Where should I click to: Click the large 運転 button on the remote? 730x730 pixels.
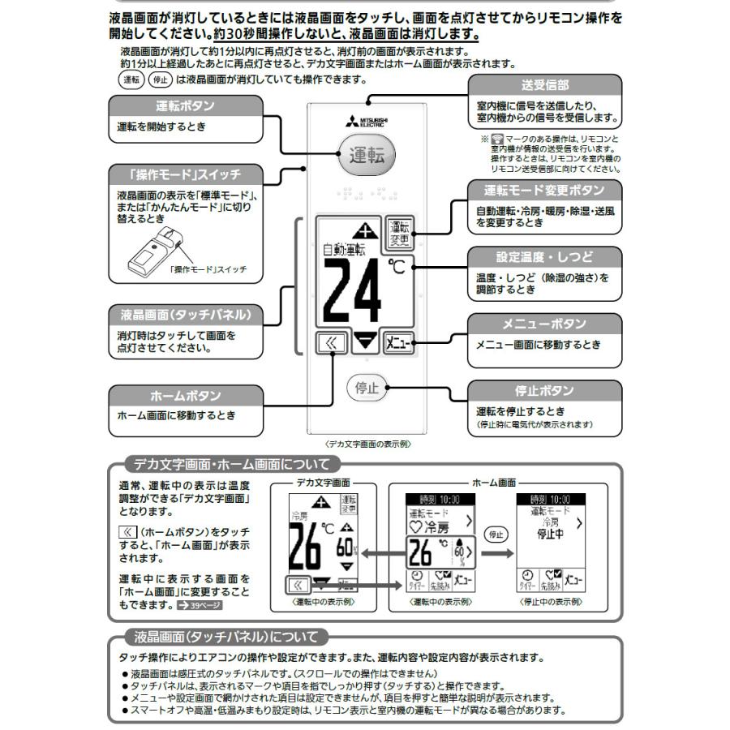(x=367, y=155)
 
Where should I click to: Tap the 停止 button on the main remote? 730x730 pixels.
(x=367, y=388)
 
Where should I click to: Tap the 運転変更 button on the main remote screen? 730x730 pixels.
(x=398, y=234)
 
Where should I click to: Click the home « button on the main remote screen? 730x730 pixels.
(x=331, y=341)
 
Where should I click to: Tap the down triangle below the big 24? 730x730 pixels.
(x=367, y=341)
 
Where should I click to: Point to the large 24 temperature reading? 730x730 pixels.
(x=354, y=290)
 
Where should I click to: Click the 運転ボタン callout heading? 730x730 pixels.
(x=185, y=106)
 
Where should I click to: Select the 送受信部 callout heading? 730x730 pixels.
(x=544, y=85)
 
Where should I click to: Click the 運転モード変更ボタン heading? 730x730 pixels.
(x=544, y=190)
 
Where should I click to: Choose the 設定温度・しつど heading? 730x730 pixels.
(x=544, y=257)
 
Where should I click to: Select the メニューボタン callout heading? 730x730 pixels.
(x=544, y=324)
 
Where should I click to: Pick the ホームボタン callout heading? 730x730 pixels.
(x=185, y=396)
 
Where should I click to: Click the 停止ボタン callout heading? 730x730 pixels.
(x=544, y=391)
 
